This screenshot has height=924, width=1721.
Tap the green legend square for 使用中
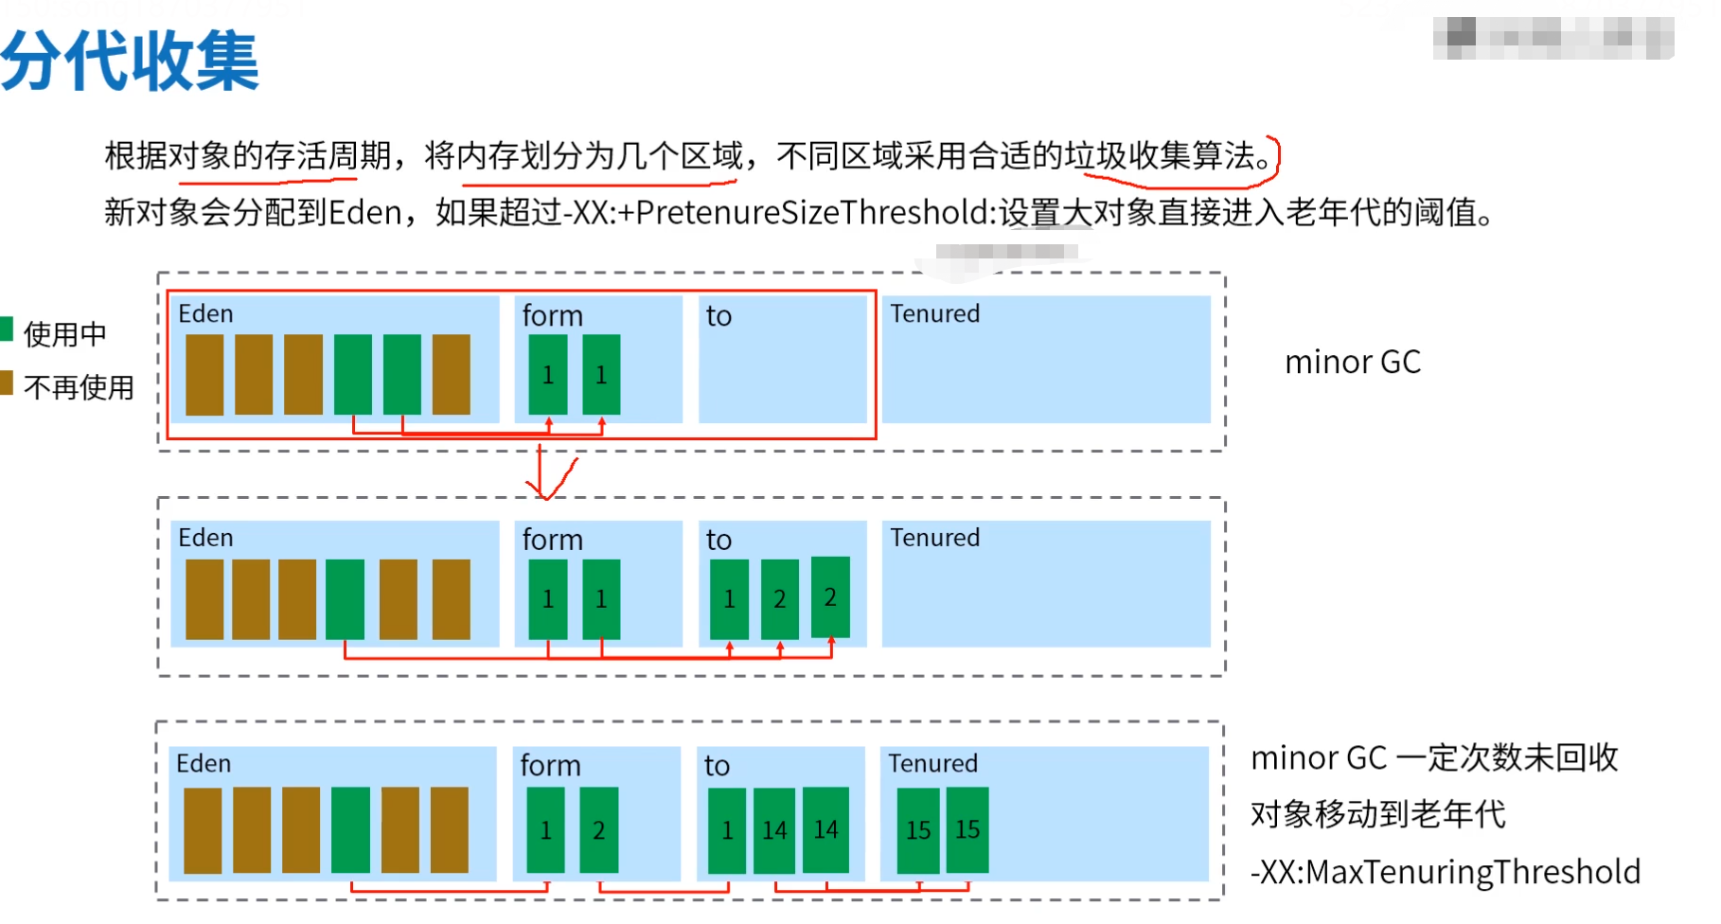click(x=7, y=329)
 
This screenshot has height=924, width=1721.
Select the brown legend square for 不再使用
click(x=7, y=382)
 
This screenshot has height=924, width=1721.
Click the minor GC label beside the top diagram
click(x=1352, y=362)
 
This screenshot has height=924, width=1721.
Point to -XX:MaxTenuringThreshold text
click(x=1445, y=872)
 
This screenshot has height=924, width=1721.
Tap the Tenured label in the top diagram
click(x=934, y=313)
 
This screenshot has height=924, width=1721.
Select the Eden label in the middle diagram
click(x=205, y=538)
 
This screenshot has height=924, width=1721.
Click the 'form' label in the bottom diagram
click(x=550, y=765)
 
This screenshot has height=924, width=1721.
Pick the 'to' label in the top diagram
click(x=719, y=316)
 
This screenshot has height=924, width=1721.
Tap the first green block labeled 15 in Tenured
click(x=917, y=830)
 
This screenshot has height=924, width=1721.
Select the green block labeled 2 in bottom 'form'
click(x=598, y=830)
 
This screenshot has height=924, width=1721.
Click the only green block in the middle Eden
click(x=345, y=599)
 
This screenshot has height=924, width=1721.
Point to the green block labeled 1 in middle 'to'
click(x=729, y=599)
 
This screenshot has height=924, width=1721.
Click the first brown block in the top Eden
click(x=204, y=375)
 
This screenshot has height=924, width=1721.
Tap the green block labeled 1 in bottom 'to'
click(x=726, y=830)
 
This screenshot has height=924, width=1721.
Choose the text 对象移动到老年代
click(x=1377, y=814)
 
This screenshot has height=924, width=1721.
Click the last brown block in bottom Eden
click(x=449, y=830)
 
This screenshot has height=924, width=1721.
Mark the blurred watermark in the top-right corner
click(x=1552, y=38)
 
